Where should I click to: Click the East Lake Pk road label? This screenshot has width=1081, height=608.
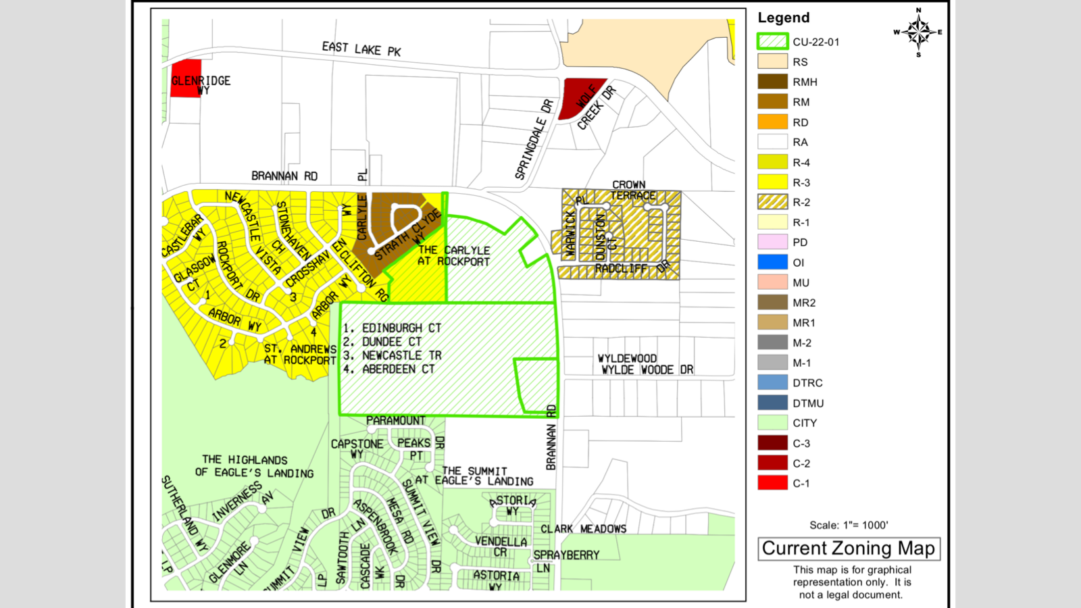(x=361, y=49)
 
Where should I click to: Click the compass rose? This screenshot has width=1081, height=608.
(x=918, y=32)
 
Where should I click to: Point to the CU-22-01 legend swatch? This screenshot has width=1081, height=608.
(x=772, y=42)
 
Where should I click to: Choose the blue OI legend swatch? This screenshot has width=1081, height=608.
(x=772, y=262)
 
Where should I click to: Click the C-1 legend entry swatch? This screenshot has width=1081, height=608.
(x=772, y=483)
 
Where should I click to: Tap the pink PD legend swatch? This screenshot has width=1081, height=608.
(x=772, y=242)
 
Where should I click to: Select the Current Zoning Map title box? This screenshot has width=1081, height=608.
(x=849, y=549)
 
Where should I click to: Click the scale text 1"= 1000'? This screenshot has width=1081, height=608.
(x=849, y=525)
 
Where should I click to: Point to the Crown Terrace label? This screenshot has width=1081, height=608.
(x=631, y=190)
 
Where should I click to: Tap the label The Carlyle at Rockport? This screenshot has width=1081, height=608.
(x=453, y=255)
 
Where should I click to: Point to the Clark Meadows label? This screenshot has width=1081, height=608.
(x=583, y=529)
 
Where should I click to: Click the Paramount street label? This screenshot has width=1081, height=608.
(x=395, y=421)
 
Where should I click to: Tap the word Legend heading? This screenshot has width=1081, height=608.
(x=783, y=18)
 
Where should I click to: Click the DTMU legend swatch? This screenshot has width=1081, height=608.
(x=772, y=403)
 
